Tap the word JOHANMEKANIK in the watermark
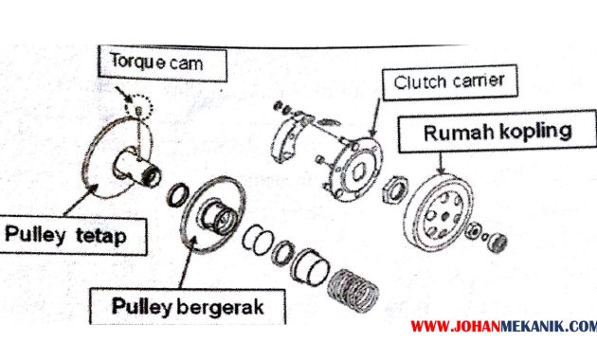click(512, 328)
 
